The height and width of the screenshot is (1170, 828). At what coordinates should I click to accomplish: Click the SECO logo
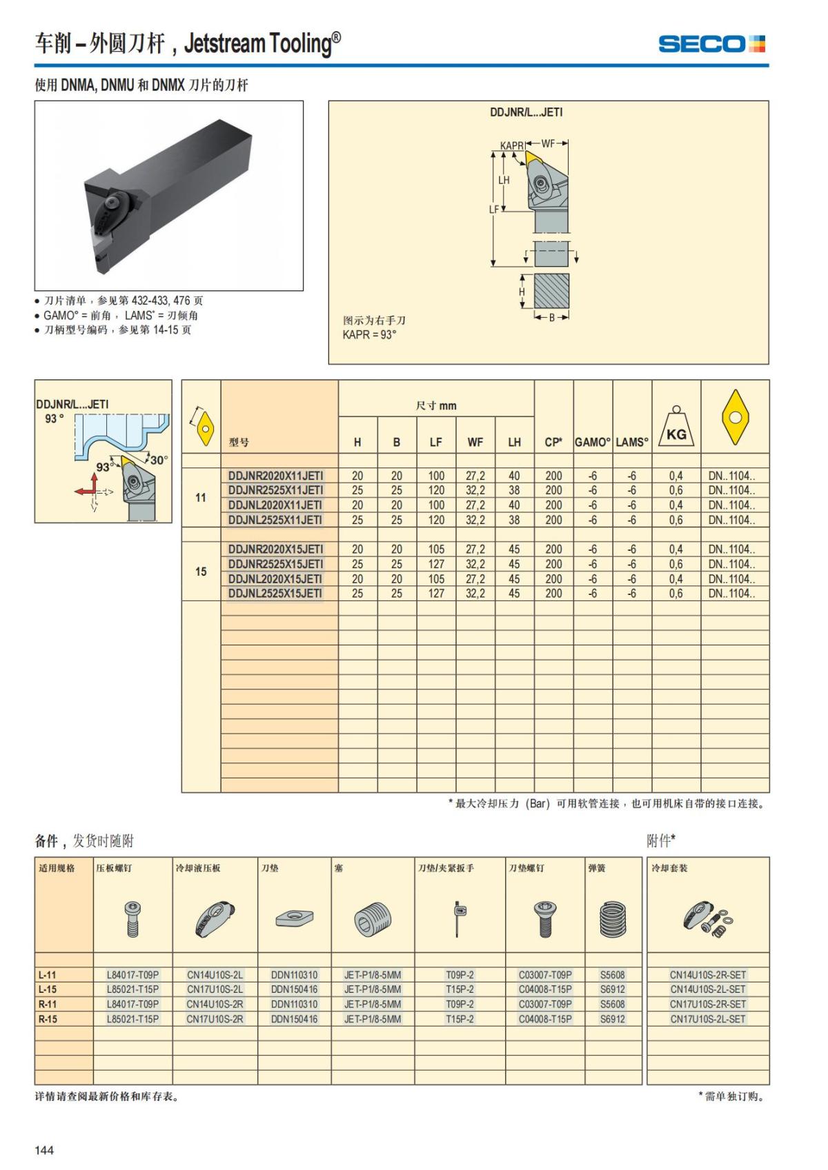pos(711,45)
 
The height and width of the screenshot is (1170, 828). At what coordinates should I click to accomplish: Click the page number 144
pos(44,1149)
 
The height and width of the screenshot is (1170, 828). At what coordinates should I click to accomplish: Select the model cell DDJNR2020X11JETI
pos(275,476)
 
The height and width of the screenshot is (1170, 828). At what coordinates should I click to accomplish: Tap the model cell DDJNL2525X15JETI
pos(275,594)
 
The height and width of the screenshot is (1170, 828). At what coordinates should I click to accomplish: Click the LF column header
pos(436,443)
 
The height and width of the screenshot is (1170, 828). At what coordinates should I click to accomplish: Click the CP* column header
pos(553,443)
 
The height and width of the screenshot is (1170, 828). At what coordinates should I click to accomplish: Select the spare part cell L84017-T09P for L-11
pos(132,975)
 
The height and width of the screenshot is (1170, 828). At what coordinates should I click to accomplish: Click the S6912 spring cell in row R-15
pos(612,1019)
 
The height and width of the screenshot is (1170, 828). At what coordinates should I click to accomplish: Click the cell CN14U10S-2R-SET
pos(708,975)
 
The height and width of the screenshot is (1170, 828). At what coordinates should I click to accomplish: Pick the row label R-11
pos(48,1005)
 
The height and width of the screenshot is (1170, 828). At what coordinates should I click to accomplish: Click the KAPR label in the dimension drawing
pos(511,145)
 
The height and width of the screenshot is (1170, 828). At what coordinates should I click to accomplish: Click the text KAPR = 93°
pos(370,335)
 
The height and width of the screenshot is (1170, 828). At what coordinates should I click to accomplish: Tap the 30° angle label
pos(159,460)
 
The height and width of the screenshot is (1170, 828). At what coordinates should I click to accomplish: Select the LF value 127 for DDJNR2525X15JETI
pos(436,564)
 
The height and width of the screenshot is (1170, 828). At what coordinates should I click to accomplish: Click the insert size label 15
pos(201,572)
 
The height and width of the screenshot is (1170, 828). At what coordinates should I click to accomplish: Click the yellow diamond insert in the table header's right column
pos(736,417)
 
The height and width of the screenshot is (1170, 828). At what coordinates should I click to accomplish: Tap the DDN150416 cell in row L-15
pos(295,989)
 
